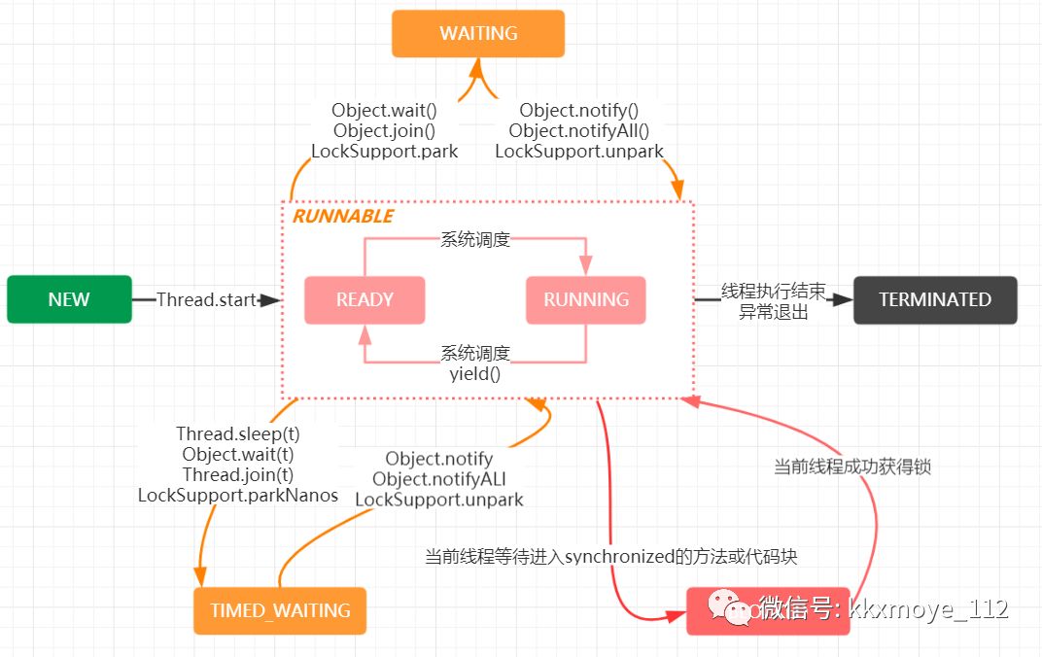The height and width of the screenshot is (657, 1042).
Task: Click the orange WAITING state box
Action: tap(477, 33)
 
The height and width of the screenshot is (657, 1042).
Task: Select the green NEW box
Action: tap(69, 299)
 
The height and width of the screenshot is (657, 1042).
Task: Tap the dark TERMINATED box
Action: tap(935, 299)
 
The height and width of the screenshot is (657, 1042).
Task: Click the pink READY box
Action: tap(365, 299)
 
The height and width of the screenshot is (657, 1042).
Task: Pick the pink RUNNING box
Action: tap(586, 299)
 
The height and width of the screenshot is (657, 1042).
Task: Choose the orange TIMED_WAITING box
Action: tap(280, 611)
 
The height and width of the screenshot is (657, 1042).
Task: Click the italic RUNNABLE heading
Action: tap(343, 216)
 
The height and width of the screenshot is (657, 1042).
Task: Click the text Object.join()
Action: tap(384, 130)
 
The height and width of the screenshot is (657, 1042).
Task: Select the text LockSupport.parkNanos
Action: tap(238, 496)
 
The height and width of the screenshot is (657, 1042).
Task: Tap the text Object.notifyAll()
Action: tap(578, 130)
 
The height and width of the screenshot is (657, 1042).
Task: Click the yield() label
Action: tap(475, 372)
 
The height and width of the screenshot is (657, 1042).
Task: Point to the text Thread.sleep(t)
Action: tap(238, 433)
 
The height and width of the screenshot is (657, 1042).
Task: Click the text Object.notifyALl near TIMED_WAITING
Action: tap(439, 479)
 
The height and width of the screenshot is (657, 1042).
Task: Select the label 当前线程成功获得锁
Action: tap(852, 467)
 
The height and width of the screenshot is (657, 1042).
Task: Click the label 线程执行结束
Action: tap(773, 291)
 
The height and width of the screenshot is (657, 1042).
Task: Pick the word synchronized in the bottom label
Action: tap(619, 557)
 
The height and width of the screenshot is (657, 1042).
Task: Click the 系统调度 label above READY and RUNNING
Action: tap(475, 239)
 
